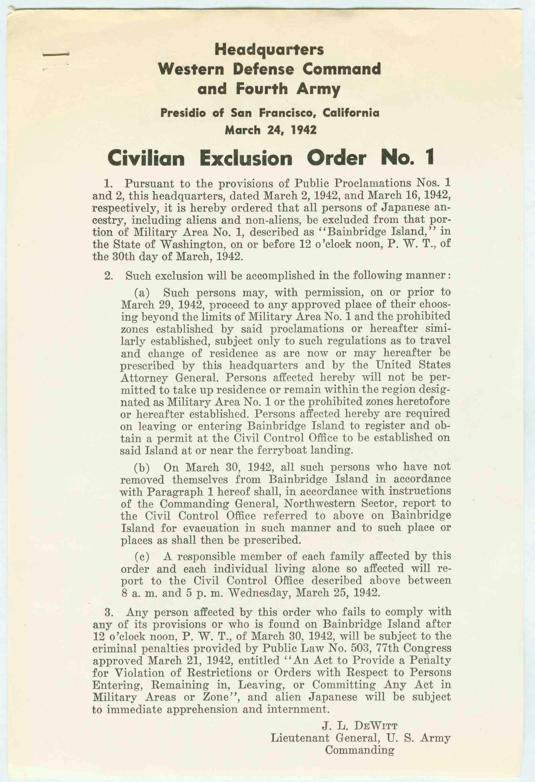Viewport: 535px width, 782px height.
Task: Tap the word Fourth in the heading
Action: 262,89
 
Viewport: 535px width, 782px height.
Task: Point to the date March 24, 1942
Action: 270,130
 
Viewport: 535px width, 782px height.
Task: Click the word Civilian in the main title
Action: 146,158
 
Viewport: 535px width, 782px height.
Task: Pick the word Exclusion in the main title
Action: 246,158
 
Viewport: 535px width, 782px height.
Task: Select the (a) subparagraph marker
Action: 142,293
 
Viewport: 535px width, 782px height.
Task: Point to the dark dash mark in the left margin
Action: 56,54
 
